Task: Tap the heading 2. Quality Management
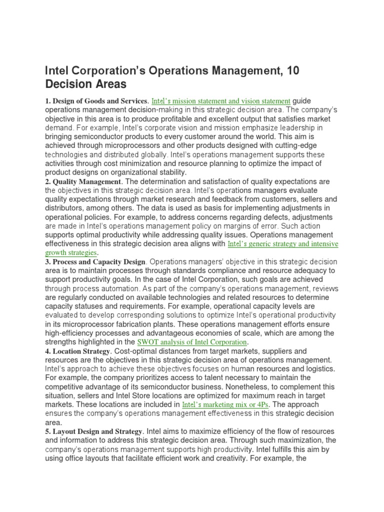(x=83, y=181)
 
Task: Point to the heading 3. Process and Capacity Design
(x=95, y=261)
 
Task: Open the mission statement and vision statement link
(x=220, y=100)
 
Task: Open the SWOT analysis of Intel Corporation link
(x=192, y=342)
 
